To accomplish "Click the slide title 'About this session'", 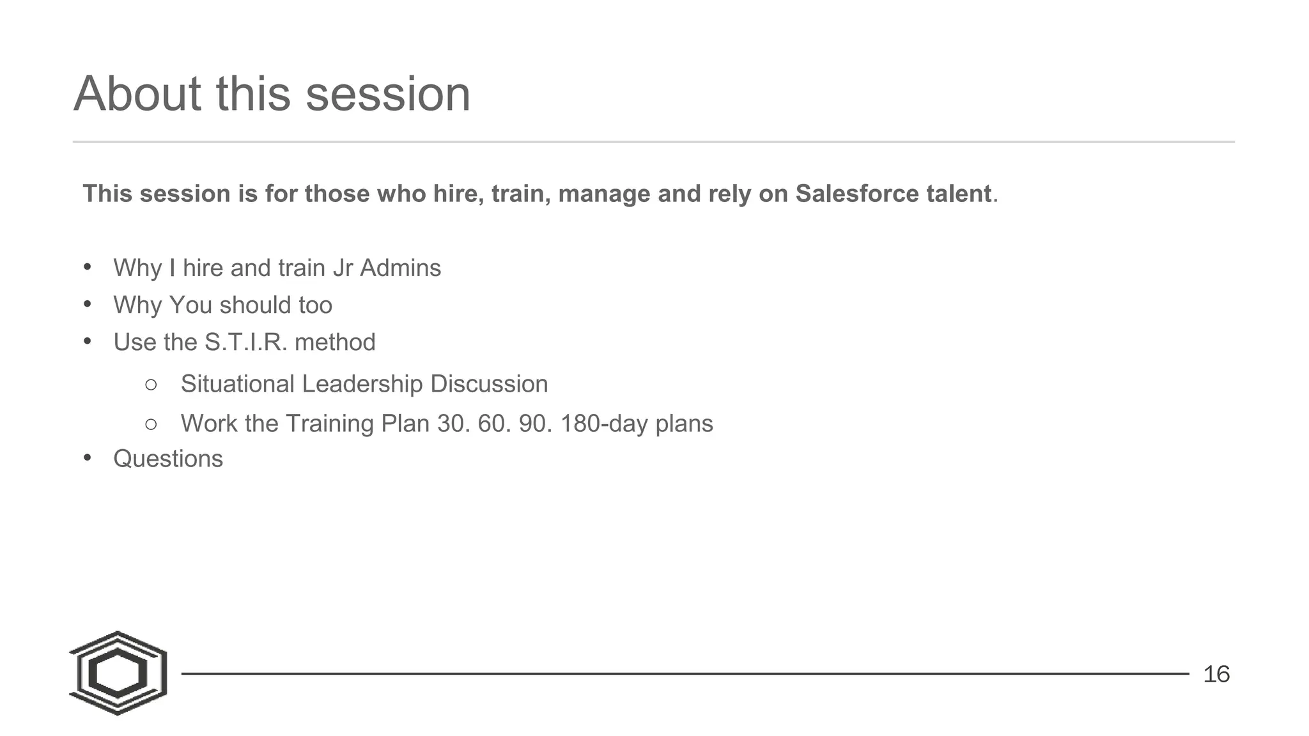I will [272, 94].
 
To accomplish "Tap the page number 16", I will [1216, 674].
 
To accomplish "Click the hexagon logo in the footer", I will [118, 673].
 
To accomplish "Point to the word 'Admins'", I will [400, 268].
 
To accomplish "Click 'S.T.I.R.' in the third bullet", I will [245, 342].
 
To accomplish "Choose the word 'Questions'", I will [168, 459].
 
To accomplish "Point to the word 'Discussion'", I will [489, 384].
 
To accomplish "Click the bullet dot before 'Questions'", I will [88, 457].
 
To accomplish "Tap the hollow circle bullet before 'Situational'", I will [151, 385].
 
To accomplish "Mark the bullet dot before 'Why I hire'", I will [88, 266].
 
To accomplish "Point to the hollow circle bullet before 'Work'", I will [151, 424].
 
